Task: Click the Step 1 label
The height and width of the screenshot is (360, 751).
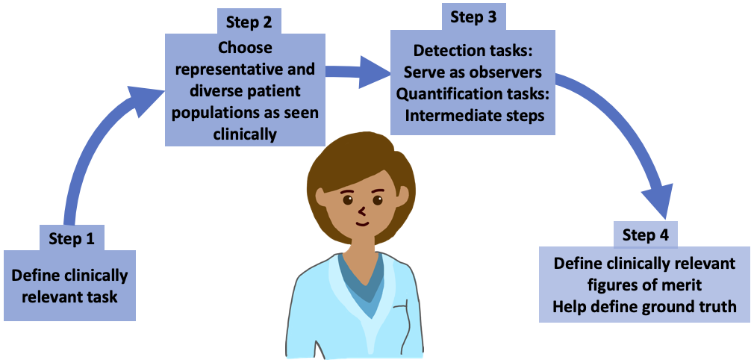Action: (72, 239)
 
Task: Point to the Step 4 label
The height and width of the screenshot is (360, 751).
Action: (645, 235)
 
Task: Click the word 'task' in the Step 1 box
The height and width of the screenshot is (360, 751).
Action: (102, 297)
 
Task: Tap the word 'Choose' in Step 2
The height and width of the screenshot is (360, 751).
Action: (245, 48)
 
